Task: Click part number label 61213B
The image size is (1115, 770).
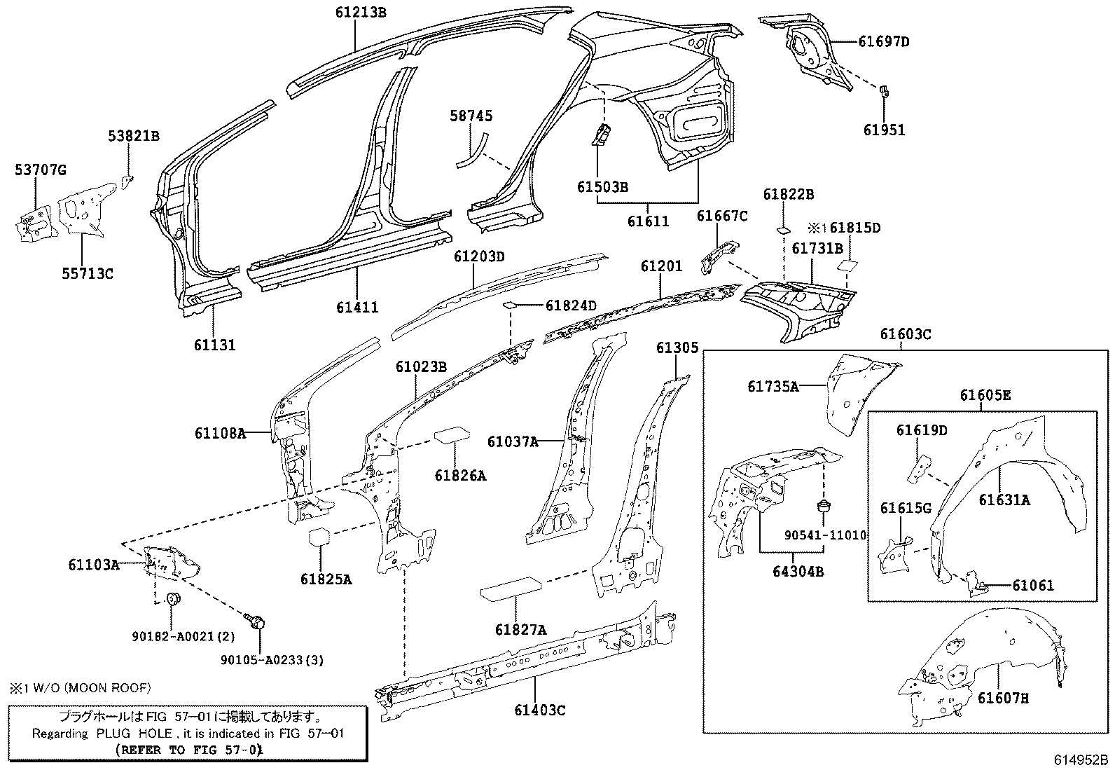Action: click(x=360, y=12)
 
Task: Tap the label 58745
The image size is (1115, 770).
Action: click(x=471, y=116)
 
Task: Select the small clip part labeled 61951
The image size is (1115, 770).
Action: click(x=884, y=90)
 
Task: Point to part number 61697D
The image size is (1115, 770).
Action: click(x=884, y=41)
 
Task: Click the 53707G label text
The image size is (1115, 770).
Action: click(x=40, y=170)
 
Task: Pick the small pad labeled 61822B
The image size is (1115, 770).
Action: click(x=784, y=229)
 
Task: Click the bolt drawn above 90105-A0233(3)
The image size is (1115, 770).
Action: click(x=257, y=620)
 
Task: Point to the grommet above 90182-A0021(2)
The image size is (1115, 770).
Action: click(x=173, y=598)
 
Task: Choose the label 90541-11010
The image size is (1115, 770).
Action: click(x=825, y=535)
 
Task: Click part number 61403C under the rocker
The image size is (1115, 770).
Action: click(x=539, y=710)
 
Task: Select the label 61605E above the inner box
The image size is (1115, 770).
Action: click(x=985, y=396)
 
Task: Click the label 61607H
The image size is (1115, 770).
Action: click(x=1003, y=698)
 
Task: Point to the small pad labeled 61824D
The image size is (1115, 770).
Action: click(x=511, y=305)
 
